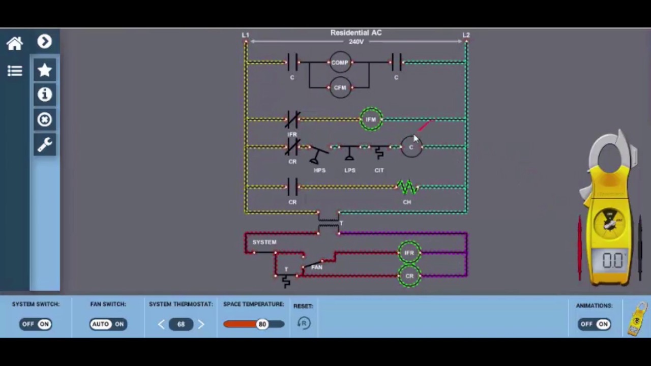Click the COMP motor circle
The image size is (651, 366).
click(x=340, y=63)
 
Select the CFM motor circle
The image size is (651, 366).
click(x=340, y=87)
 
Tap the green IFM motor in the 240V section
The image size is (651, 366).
click(x=371, y=119)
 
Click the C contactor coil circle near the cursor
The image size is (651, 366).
click(x=411, y=147)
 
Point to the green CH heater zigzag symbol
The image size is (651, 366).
click(x=407, y=188)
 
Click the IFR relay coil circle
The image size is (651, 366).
click(x=409, y=253)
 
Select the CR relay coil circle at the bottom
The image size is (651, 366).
click(x=409, y=276)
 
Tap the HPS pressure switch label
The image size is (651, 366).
click(x=319, y=170)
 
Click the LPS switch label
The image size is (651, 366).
click(x=350, y=170)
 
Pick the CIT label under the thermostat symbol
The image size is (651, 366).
click(x=379, y=170)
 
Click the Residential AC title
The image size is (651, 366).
click(x=356, y=33)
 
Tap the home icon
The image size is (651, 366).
click(x=15, y=44)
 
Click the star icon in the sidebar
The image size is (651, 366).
click(x=45, y=70)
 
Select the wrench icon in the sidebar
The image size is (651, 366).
click(x=45, y=145)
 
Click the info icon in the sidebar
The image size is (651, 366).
click(x=45, y=95)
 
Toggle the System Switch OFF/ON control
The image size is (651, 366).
click(x=36, y=324)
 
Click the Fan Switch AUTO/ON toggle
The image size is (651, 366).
click(x=107, y=324)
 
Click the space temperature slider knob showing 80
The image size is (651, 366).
click(x=262, y=324)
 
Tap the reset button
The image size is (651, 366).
click(x=304, y=323)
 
